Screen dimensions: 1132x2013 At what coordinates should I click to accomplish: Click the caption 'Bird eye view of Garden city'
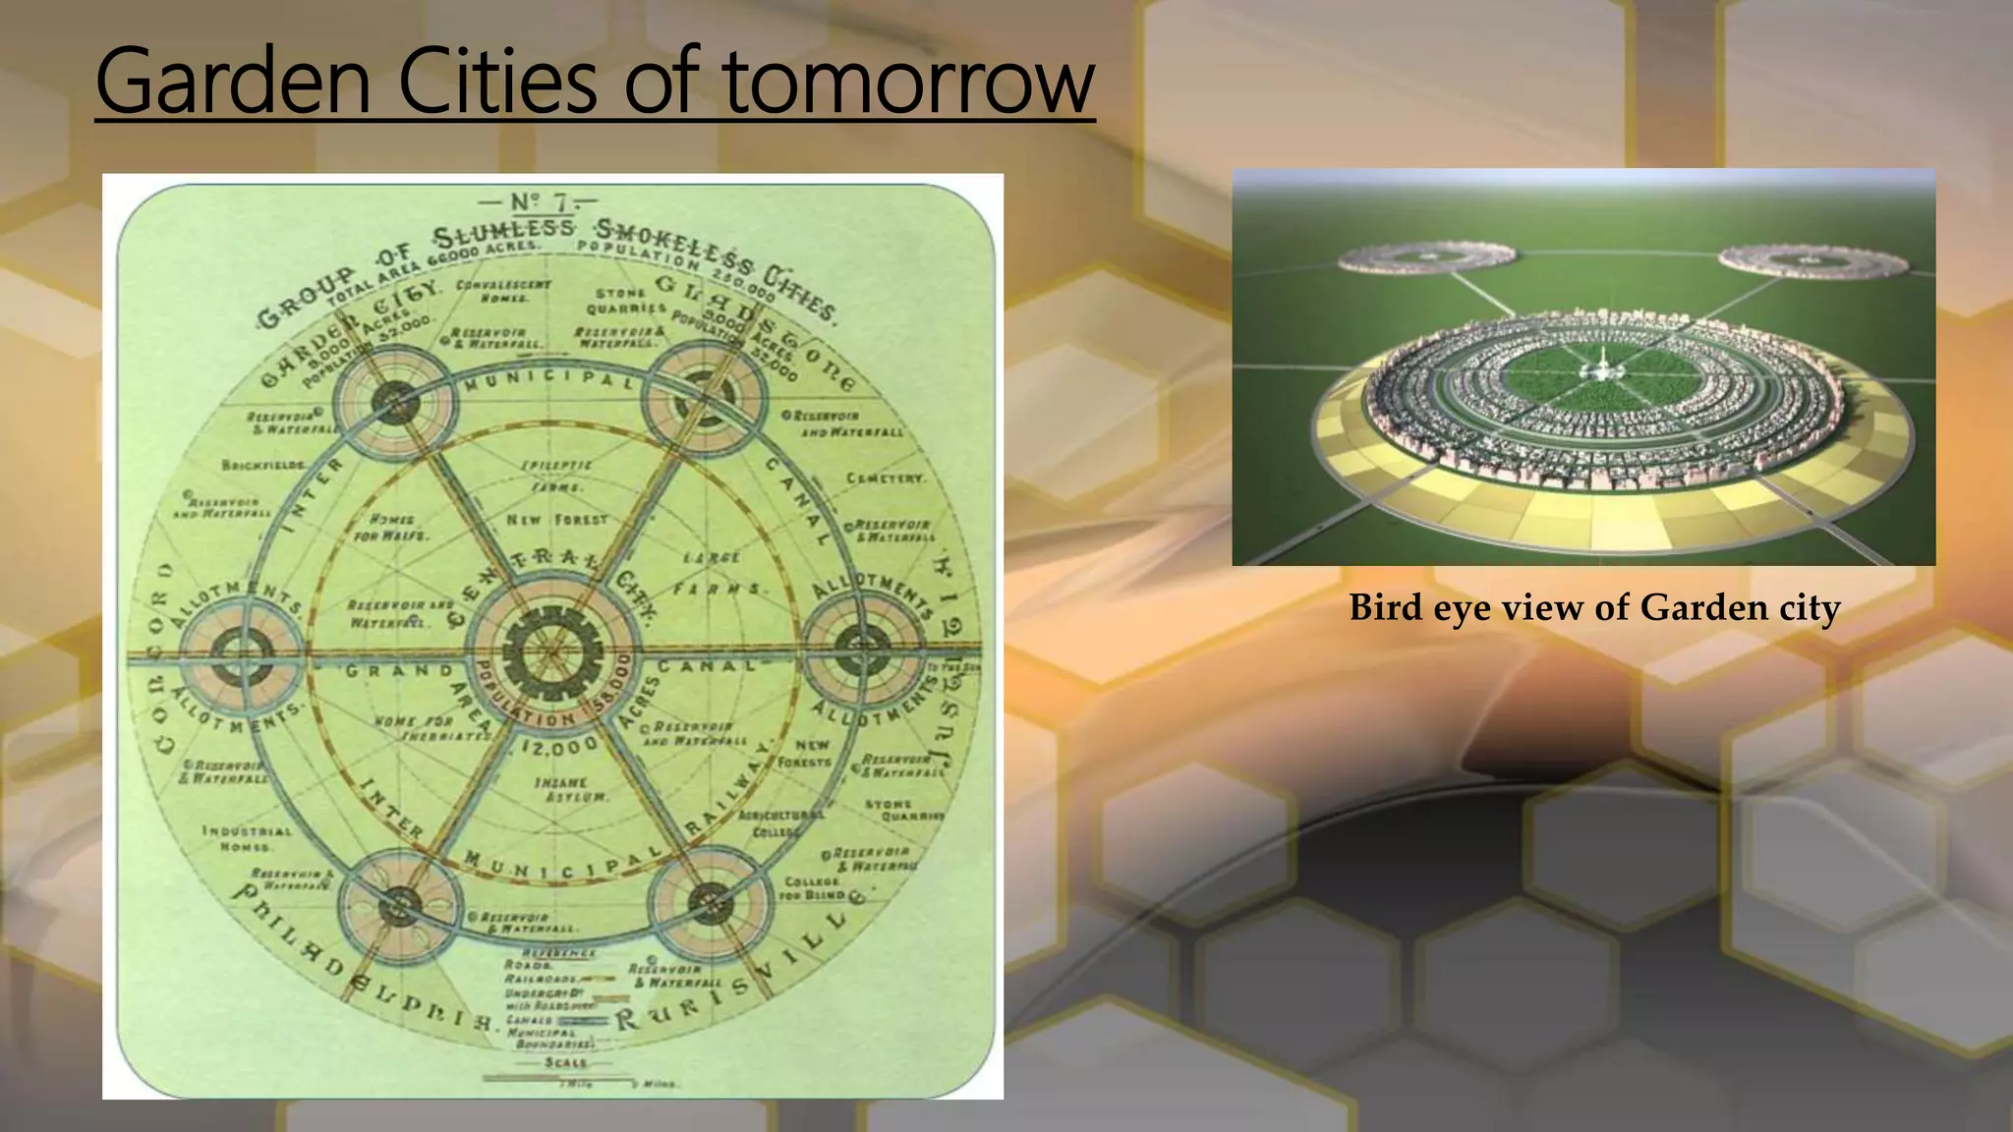tap(1594, 607)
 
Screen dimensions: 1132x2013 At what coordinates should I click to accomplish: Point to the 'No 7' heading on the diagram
tap(537, 202)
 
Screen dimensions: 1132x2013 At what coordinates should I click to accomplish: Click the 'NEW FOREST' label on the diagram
tap(557, 519)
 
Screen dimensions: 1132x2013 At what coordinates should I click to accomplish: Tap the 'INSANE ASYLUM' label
tap(561, 789)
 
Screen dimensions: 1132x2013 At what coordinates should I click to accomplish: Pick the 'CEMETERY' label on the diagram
tap(886, 479)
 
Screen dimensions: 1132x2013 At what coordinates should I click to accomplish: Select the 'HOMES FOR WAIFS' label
tap(391, 528)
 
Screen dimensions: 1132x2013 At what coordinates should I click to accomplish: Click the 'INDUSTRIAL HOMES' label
tap(247, 838)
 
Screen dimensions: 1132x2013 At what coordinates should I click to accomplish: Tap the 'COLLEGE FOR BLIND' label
tap(812, 888)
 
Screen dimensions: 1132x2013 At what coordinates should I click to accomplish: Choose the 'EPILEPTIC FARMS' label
tap(556, 476)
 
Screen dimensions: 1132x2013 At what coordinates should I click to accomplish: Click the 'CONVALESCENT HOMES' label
tap(503, 291)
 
